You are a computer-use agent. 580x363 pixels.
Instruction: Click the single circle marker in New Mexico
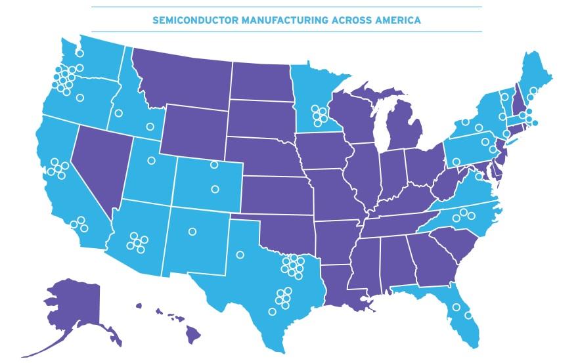pyautogui.click(x=192, y=231)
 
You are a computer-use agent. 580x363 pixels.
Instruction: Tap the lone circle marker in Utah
pyautogui.click(x=151, y=160)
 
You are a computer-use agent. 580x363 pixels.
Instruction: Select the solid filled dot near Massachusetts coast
pyautogui.click(x=535, y=123)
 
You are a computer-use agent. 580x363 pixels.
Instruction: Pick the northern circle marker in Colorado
pyautogui.click(x=213, y=165)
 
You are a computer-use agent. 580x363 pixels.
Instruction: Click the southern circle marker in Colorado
pyautogui.click(x=215, y=189)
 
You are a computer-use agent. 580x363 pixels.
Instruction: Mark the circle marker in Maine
pyautogui.click(x=533, y=91)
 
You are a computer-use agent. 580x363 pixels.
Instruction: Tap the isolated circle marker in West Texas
pyautogui.click(x=240, y=255)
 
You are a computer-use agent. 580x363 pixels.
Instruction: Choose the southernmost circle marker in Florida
pyautogui.click(x=468, y=315)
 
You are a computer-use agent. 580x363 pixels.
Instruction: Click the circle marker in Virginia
pyautogui.click(x=478, y=176)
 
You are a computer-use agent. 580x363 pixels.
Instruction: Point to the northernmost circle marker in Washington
pyautogui.click(x=79, y=53)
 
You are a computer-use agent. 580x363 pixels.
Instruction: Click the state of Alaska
pyautogui.click(x=72, y=309)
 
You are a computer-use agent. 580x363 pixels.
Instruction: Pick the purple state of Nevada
pyautogui.click(x=99, y=164)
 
